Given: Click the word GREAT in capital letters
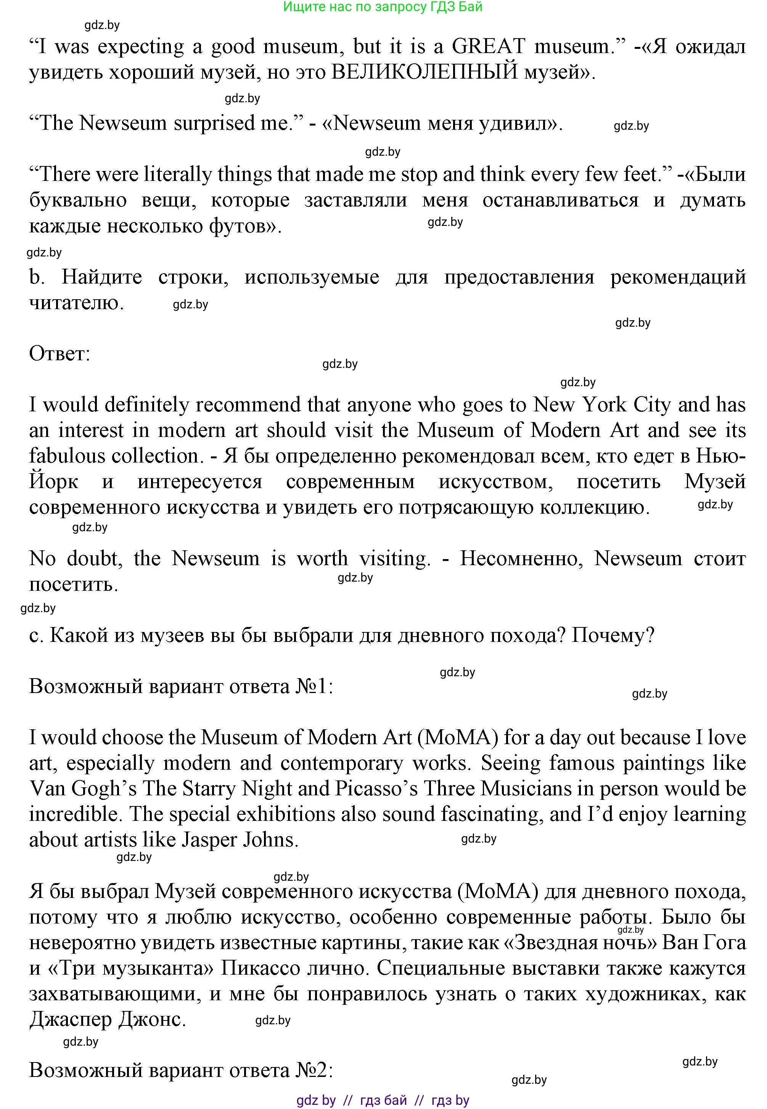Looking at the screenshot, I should click(x=488, y=47).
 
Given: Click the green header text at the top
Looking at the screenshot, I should click(x=383, y=7).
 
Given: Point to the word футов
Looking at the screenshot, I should click(x=244, y=226).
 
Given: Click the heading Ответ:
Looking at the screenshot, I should click(x=59, y=354).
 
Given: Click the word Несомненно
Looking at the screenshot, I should click(x=521, y=559).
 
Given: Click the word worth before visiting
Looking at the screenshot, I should click(x=322, y=559).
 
